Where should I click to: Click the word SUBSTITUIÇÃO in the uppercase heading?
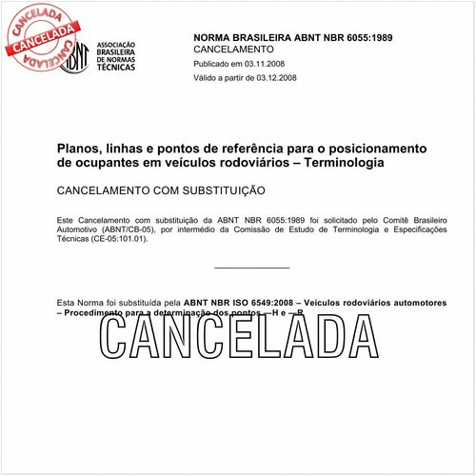click(222, 191)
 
